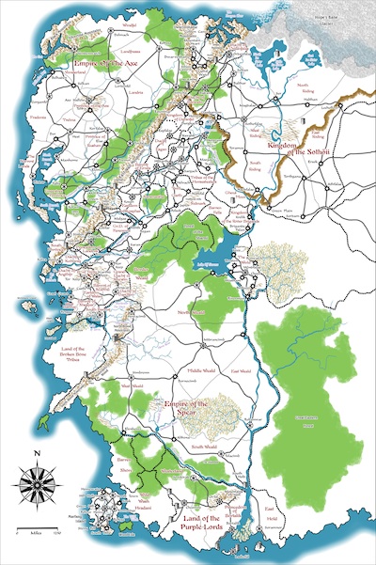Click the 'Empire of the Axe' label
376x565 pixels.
coord(92,63)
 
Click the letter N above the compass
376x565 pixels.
coord(36,455)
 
